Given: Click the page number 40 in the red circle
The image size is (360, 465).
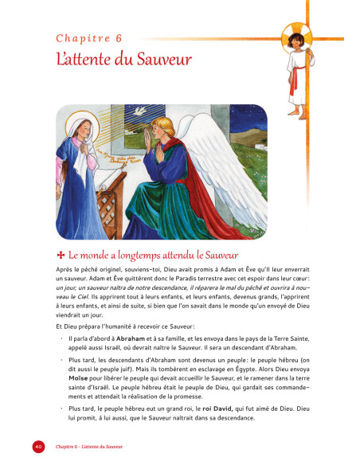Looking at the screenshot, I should coord(37,446).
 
